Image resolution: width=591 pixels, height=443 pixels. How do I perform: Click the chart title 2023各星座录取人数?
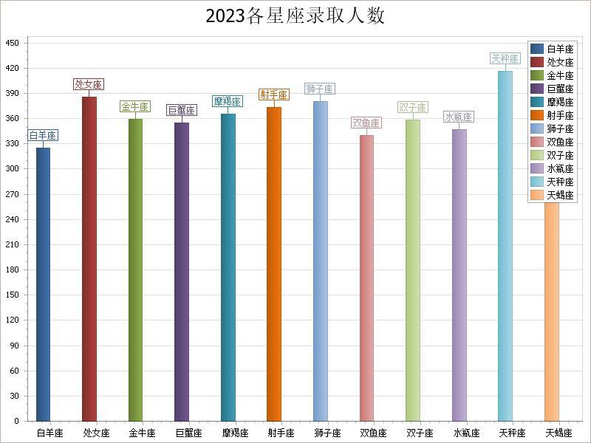pos(295,16)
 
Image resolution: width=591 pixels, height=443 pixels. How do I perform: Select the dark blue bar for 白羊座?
pos(44,284)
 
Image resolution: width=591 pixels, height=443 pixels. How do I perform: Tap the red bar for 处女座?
pos(89,258)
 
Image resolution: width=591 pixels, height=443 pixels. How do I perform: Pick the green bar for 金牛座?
pos(136,269)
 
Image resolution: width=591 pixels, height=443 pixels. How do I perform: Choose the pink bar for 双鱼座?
pos(366,278)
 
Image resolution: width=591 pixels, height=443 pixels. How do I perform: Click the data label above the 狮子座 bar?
pos(320,89)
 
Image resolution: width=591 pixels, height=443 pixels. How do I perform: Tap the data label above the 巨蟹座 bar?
pos(182,110)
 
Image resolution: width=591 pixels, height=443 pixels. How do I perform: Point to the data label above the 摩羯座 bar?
pos(228,101)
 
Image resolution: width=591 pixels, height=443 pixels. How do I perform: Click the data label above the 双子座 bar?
pos(412,107)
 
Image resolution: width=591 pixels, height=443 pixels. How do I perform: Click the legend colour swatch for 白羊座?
pos(537,49)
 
